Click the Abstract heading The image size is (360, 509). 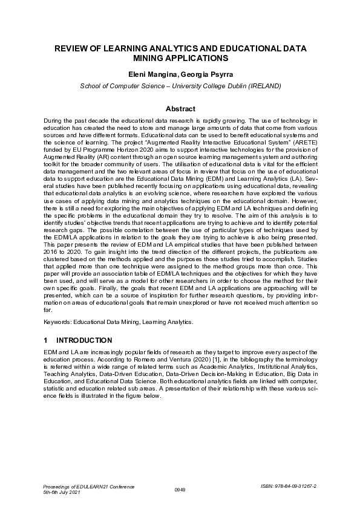point(180,109)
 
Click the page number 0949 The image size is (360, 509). point(179,489)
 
